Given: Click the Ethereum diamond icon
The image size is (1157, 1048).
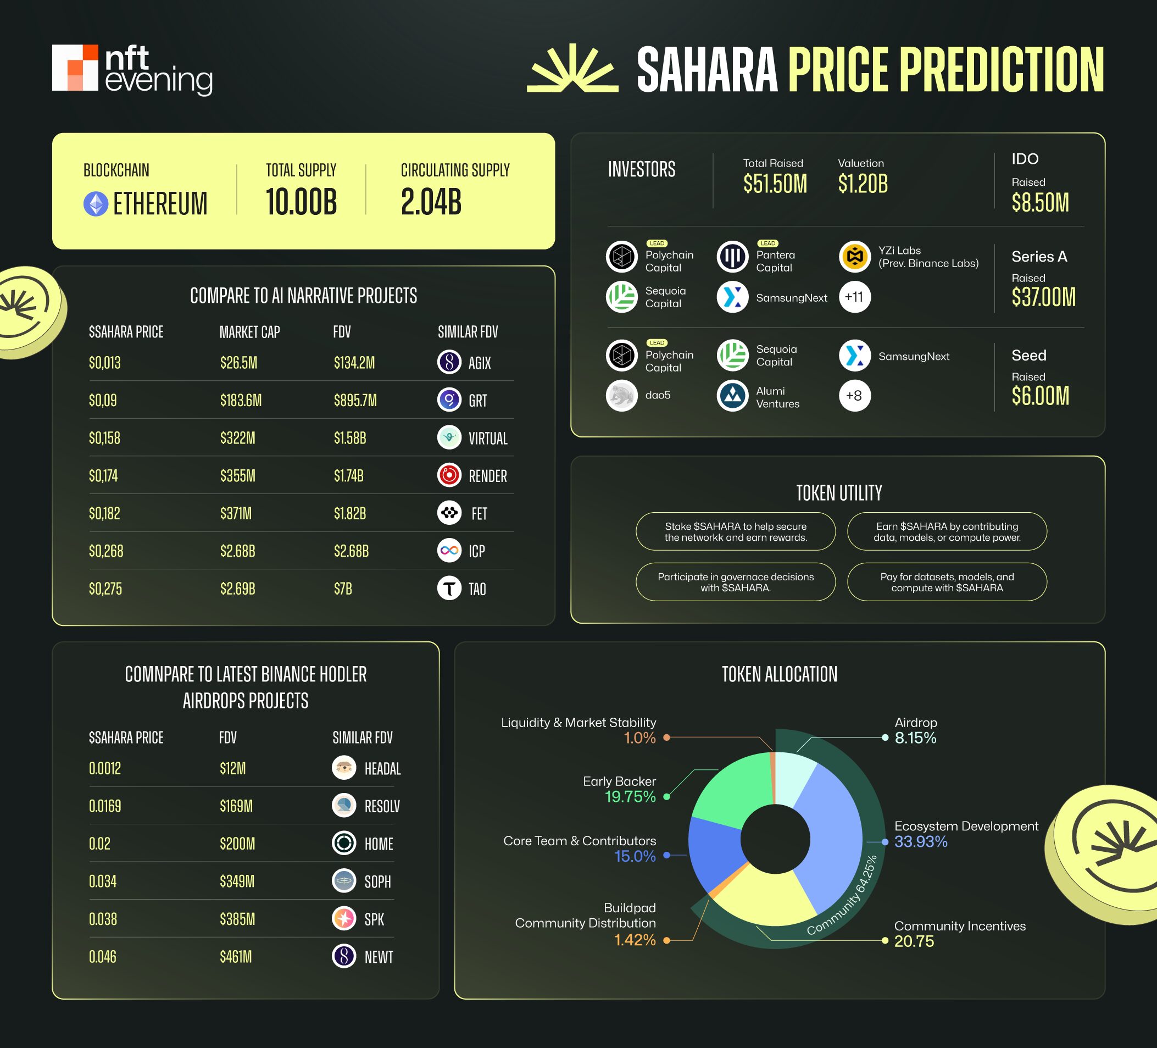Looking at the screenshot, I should click(x=96, y=204).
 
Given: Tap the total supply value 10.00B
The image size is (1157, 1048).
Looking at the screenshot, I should click(x=301, y=202).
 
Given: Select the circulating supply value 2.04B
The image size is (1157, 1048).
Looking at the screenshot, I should click(x=431, y=202).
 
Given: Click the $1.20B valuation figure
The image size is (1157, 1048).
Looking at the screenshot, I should click(x=863, y=184).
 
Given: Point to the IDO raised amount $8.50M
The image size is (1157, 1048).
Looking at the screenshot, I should click(x=1040, y=203).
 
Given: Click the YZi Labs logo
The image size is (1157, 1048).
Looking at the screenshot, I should click(x=854, y=257).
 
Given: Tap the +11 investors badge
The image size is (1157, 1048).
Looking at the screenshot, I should click(x=854, y=297).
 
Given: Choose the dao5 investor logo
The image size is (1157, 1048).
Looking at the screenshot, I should click(x=621, y=396).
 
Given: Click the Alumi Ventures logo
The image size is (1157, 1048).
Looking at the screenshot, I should click(x=732, y=396).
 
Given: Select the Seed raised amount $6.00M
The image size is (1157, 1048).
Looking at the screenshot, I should click(x=1040, y=396).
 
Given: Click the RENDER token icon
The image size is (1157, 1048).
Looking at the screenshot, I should click(x=449, y=475).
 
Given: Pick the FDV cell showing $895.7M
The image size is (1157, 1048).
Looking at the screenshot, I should click(x=355, y=400).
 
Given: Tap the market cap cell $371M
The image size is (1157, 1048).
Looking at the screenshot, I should click(x=236, y=513).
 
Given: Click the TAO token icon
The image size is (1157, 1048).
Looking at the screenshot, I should click(x=449, y=588).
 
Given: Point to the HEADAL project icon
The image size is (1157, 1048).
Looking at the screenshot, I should click(x=344, y=768).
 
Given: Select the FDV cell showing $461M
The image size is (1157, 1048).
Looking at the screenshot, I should click(x=236, y=957).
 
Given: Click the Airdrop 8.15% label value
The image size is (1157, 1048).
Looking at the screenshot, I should click(x=915, y=738).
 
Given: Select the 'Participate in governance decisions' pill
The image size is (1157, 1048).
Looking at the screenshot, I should click(x=735, y=582).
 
